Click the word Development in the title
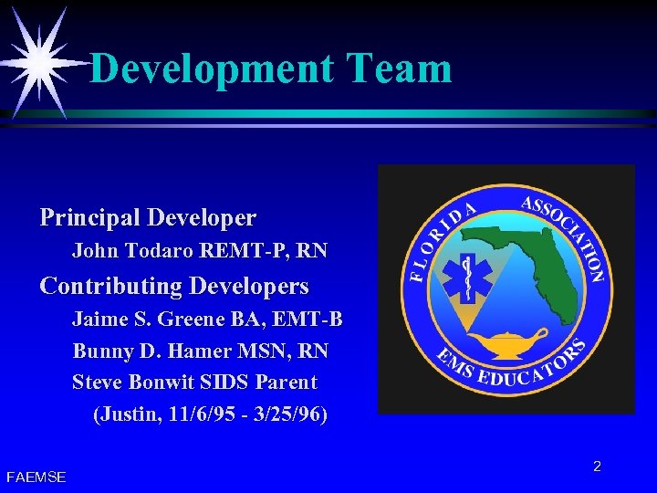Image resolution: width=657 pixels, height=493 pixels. [x=212, y=68]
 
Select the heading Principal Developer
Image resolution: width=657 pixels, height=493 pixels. [x=148, y=218]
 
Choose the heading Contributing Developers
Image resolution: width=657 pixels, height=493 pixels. [x=174, y=286]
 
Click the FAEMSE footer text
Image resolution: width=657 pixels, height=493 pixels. [x=36, y=477]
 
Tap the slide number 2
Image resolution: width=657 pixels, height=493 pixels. [x=597, y=467]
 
